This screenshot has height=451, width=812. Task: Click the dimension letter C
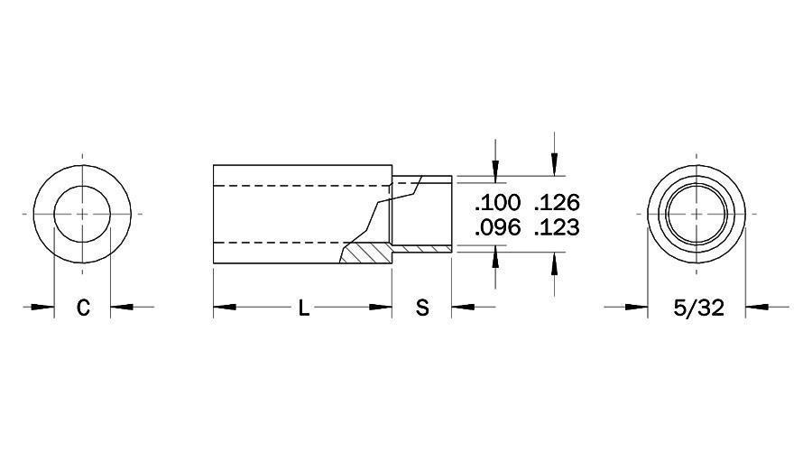[x=82, y=308]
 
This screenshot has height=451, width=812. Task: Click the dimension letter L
[x=304, y=308]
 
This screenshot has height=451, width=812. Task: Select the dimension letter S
[x=421, y=308]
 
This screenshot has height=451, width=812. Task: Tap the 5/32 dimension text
[x=698, y=308]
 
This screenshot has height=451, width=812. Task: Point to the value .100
[x=497, y=201]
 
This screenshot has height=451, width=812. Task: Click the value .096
[x=497, y=228]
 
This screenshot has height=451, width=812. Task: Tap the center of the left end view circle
[x=82, y=214]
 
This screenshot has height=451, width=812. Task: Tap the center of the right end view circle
[x=697, y=214]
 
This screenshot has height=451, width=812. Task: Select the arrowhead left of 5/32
[x=637, y=308]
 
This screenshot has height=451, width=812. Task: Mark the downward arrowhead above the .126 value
[x=554, y=166]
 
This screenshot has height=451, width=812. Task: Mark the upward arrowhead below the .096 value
[x=494, y=261]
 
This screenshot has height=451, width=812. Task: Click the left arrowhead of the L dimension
[x=224, y=308]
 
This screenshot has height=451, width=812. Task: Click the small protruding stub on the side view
[x=422, y=214]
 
